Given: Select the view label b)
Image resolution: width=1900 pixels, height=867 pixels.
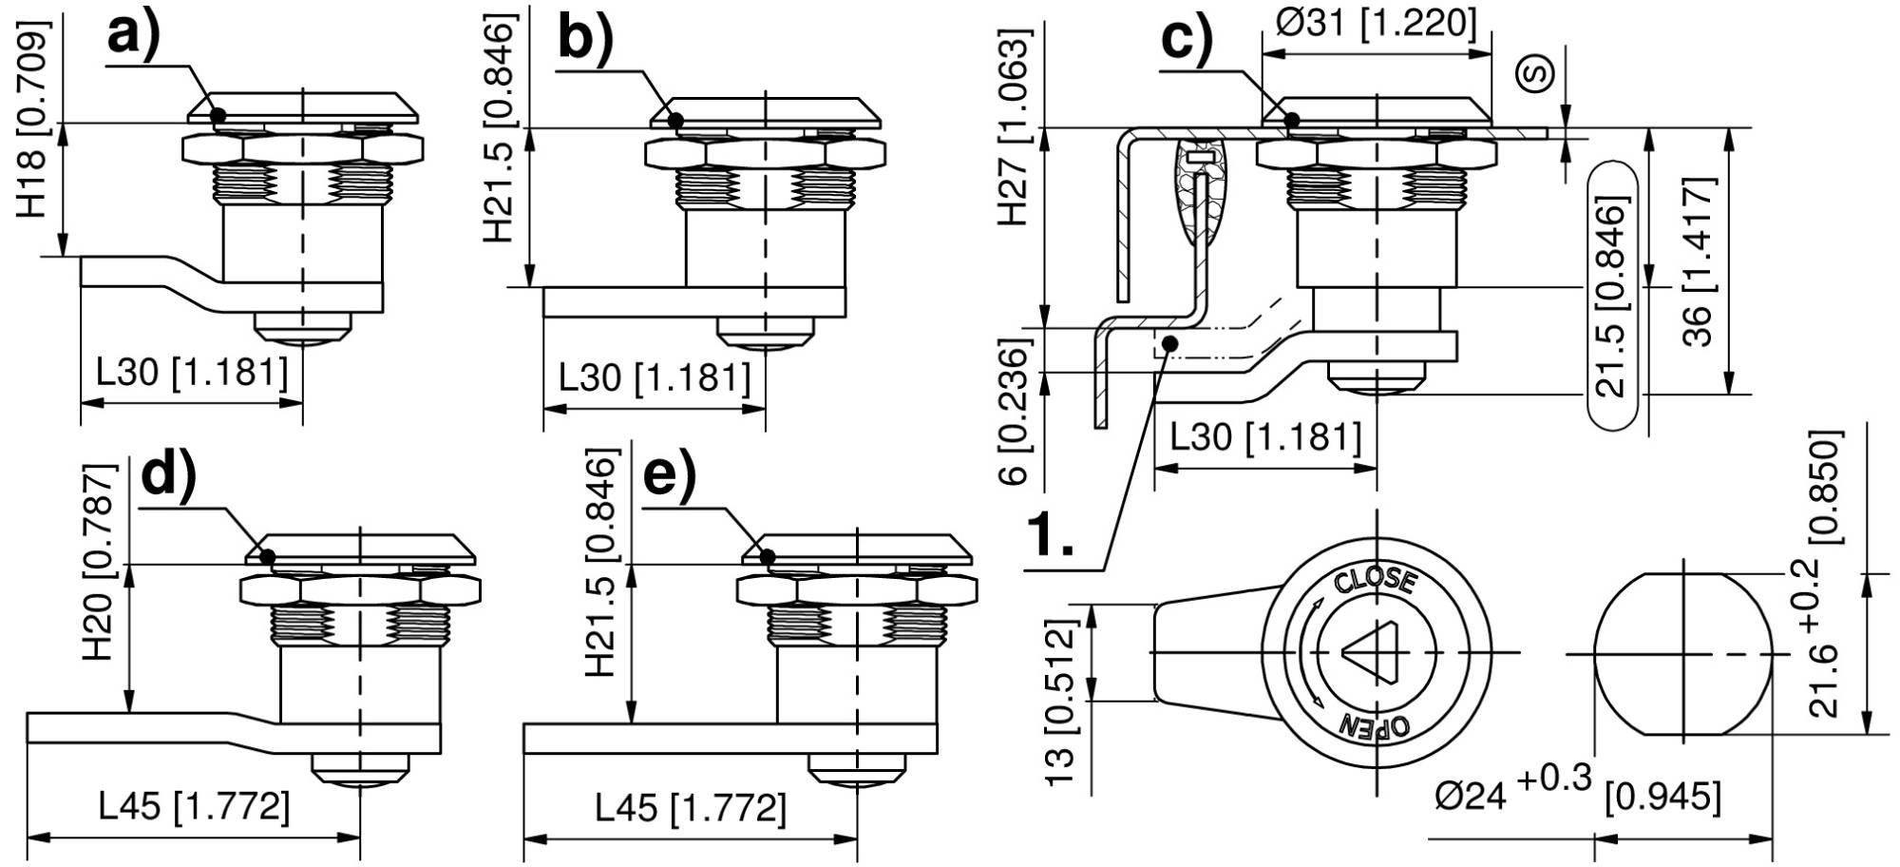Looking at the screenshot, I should click(x=586, y=39).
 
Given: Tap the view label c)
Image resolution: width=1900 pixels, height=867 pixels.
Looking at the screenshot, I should click(x=1187, y=41).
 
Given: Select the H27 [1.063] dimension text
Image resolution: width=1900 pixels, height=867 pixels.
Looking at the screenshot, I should click(x=1015, y=128).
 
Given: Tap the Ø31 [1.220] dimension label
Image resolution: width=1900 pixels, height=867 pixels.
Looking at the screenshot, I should click(x=1376, y=22).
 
